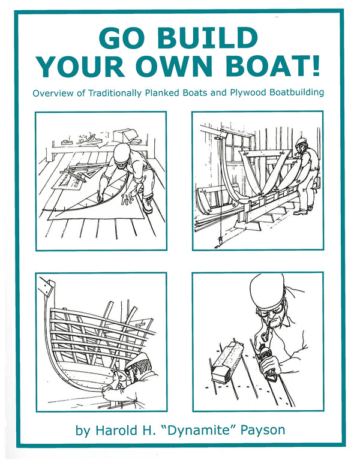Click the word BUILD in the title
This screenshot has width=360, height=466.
207,38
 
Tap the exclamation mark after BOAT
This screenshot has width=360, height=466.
315,65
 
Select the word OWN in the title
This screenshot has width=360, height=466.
174,65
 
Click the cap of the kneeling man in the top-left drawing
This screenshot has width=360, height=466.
122,153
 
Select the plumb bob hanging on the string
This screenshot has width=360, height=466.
221,240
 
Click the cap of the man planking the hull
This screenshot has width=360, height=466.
137,359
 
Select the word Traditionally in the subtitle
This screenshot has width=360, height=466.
115,93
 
